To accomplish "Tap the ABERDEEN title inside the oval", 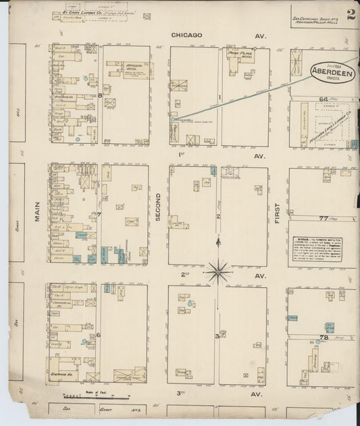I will click(329, 70).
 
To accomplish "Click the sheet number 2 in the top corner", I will click(350, 16).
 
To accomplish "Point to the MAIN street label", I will click(36, 211).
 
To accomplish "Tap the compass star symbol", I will click(218, 271).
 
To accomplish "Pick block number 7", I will click(99, 215).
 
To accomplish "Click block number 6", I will click(99, 335).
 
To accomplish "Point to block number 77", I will click(324, 218).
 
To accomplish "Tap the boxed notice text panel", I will click(311, 252).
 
